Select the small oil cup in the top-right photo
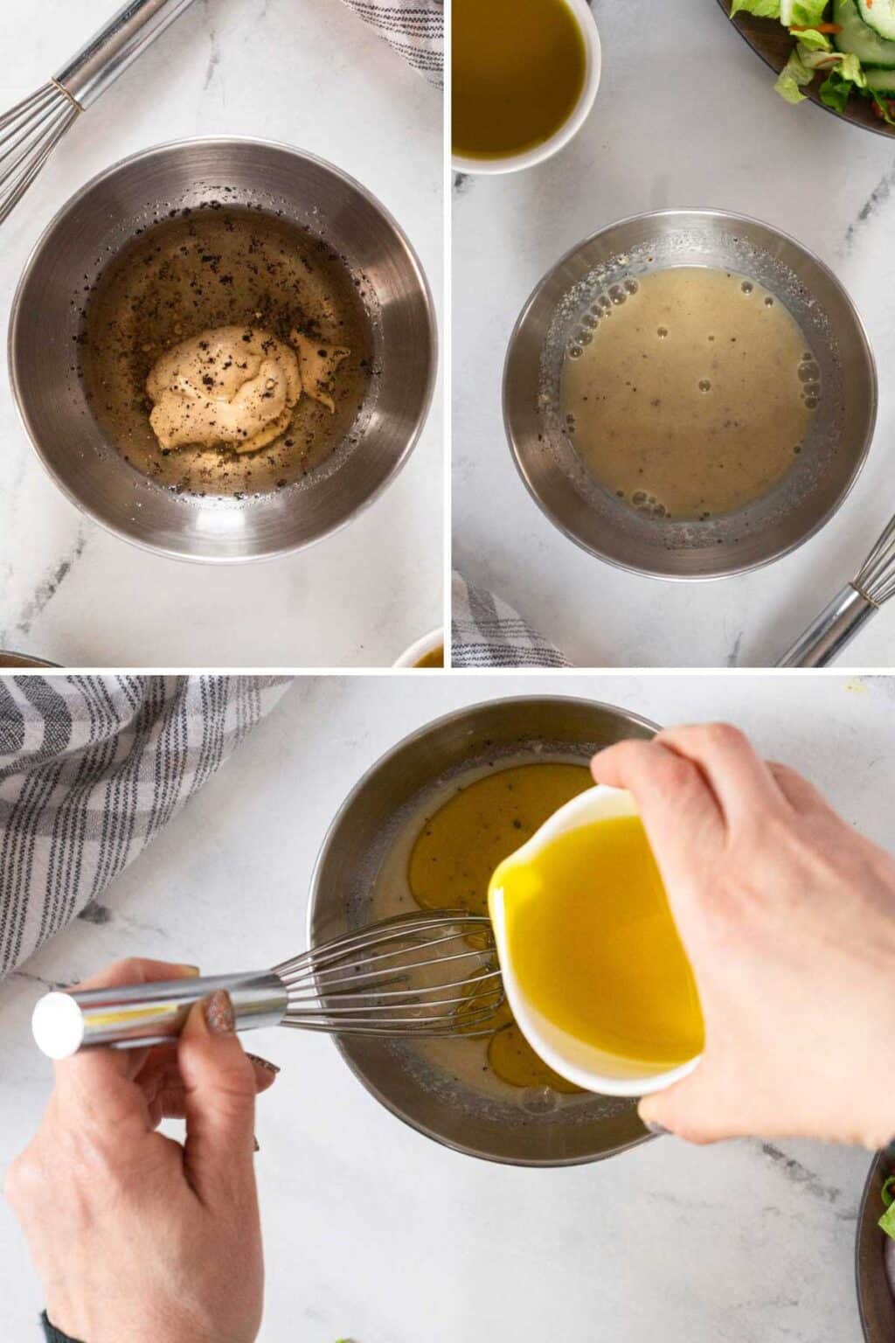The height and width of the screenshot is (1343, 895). (522, 79)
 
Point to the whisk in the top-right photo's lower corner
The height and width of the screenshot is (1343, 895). (843, 603)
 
